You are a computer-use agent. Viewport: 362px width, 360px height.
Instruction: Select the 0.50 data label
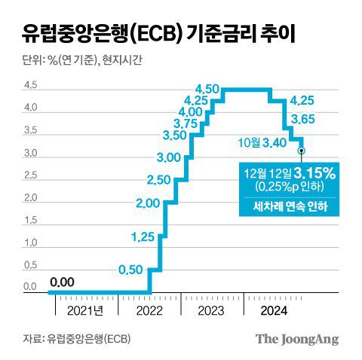131,270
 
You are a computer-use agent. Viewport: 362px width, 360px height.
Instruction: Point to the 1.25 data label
143,237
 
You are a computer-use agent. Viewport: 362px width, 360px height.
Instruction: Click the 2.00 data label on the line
149,203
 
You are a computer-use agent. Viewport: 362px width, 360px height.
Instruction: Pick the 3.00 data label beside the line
169,157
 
